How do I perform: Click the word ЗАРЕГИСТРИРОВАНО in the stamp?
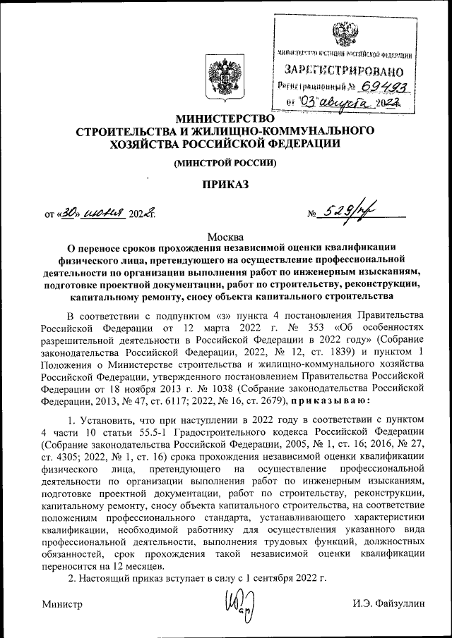pos(344,70)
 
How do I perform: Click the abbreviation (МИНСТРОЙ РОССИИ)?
pos(225,164)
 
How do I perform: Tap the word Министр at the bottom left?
pos(62,604)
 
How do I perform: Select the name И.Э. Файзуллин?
pos(390,604)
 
